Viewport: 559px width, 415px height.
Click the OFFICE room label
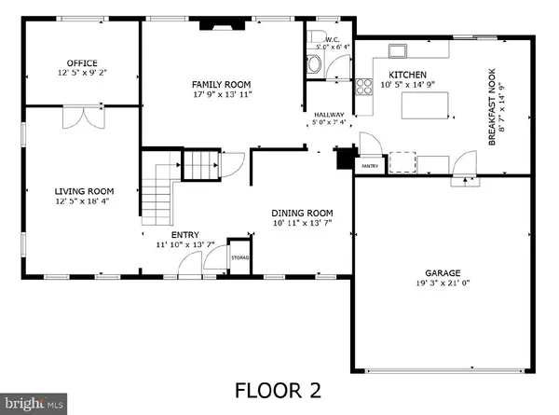(77, 63)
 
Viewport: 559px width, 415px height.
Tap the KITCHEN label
(408, 75)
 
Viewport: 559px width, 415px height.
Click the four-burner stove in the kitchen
(361, 88)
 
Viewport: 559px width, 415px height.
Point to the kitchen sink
(399, 48)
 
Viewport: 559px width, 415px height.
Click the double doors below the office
(77, 118)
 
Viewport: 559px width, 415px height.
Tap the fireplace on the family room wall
(222, 28)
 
